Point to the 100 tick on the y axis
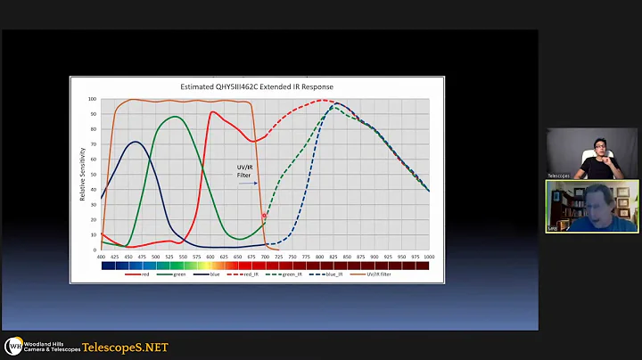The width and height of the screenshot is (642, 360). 94,100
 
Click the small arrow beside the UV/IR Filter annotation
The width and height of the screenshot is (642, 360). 249,184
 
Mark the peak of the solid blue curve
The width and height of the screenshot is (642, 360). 134,142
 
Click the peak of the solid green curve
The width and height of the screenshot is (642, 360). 176,117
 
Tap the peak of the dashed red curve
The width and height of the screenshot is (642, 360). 321,100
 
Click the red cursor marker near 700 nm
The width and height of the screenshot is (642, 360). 264,217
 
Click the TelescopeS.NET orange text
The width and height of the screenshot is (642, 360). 125,347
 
